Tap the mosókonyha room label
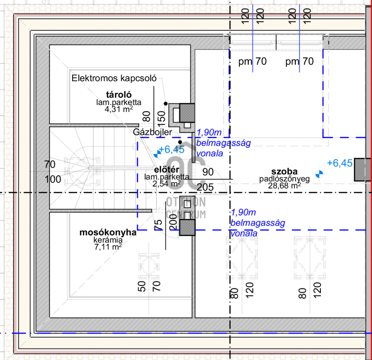(108, 233)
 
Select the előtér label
(166, 170)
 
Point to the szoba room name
(286, 171)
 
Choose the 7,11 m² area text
(108, 247)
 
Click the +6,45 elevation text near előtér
(172, 150)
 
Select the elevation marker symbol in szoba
(319, 175)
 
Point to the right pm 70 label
(299, 61)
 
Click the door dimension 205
(206, 187)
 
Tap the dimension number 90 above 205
(208, 172)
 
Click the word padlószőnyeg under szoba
(285, 179)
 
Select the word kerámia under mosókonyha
(108, 240)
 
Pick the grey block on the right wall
(361, 170)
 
